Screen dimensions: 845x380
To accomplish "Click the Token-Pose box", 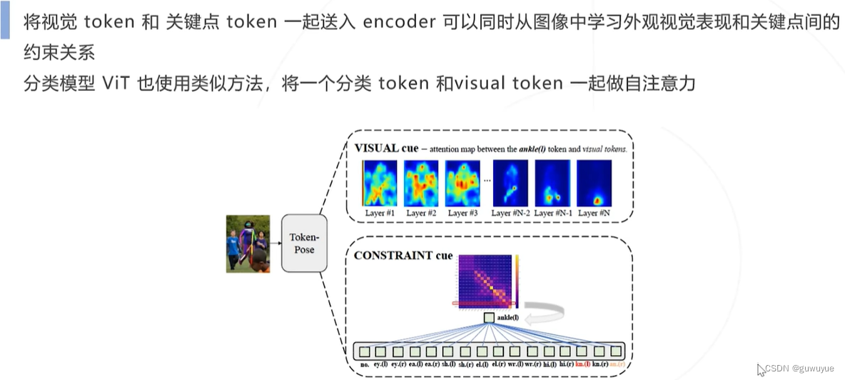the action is coord(304,244).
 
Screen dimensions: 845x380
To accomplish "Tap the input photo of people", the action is coord(248,244).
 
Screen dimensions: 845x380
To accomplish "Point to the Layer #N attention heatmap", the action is coord(594,183).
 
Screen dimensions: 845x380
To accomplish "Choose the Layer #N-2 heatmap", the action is coord(510,183).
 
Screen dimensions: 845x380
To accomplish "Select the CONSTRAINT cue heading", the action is coord(403,256).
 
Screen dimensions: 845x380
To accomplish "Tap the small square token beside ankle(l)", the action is coord(489,317).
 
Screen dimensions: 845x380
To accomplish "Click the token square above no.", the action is coord(364,351).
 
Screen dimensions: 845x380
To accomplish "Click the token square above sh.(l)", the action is coord(449,351).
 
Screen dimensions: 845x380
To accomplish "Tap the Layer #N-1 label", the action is coord(553,213).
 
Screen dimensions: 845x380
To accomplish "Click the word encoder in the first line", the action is coord(399,21).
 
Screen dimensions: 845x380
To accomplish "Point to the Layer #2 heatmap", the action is coord(422,183).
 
